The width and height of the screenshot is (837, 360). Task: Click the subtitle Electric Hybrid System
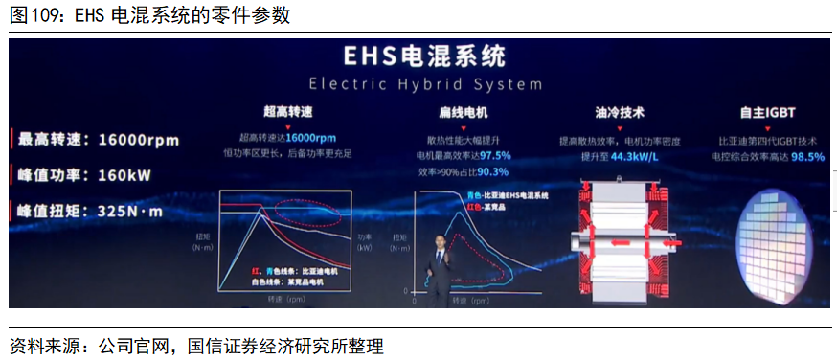tap(418, 83)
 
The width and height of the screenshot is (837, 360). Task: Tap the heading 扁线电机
tap(463, 112)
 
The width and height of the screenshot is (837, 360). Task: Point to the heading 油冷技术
tap(620, 112)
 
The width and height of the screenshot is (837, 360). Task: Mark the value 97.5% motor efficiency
tap(495, 155)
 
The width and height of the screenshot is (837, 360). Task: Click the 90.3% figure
tap(492, 171)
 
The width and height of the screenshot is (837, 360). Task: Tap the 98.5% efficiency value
tap(807, 157)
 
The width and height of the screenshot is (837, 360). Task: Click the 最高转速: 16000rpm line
tap(98, 140)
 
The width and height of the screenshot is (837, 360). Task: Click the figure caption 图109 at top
tap(148, 16)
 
